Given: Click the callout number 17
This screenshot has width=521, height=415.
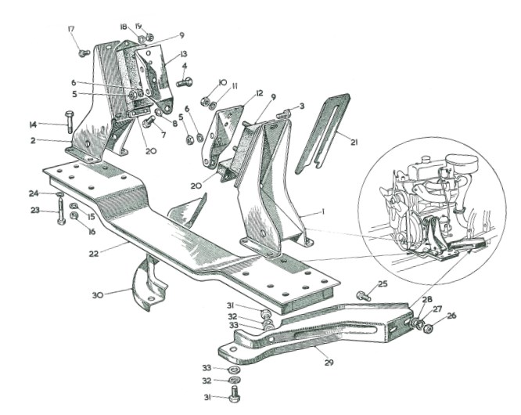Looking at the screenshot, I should click(x=72, y=31).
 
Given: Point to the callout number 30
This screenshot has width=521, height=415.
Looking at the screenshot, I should click(x=97, y=294).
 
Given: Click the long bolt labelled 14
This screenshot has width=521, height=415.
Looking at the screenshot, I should click(x=68, y=124).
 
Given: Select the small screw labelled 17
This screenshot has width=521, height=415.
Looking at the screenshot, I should click(x=84, y=52).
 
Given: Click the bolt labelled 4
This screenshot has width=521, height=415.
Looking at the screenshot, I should click(x=185, y=81).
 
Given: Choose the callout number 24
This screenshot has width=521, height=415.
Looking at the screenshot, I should click(x=34, y=193).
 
